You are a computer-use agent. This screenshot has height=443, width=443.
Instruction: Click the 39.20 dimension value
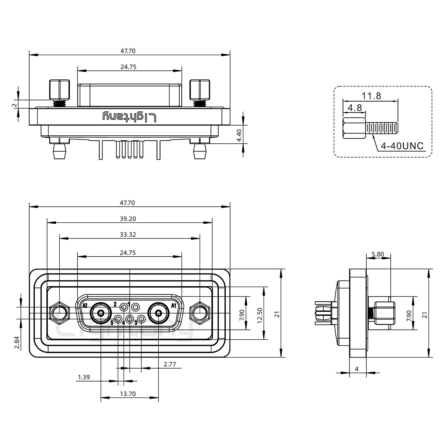click(x=128, y=219)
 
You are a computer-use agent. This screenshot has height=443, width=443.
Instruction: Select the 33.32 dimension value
click(x=128, y=235)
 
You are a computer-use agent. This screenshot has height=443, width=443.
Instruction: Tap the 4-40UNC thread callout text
click(x=402, y=146)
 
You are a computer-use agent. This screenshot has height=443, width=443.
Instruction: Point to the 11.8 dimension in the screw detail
click(x=371, y=96)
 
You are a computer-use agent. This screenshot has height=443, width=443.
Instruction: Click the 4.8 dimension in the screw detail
click(x=354, y=108)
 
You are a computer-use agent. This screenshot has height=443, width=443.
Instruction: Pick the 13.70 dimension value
click(x=128, y=394)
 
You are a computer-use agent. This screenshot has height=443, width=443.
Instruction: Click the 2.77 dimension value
click(x=170, y=364)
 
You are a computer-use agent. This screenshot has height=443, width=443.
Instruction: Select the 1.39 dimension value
click(x=84, y=377)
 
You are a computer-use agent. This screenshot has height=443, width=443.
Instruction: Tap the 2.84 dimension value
click(x=17, y=342)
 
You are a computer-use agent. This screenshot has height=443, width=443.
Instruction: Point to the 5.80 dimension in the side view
click(x=378, y=254)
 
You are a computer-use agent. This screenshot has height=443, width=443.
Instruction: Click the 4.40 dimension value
click(x=239, y=135)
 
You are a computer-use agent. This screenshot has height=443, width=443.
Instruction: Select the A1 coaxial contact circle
click(x=158, y=313)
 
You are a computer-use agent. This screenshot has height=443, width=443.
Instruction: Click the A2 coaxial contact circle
click(x=101, y=313)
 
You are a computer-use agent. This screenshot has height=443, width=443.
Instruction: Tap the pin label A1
click(x=174, y=305)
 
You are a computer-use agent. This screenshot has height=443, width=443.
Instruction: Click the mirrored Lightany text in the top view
click(x=129, y=117)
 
